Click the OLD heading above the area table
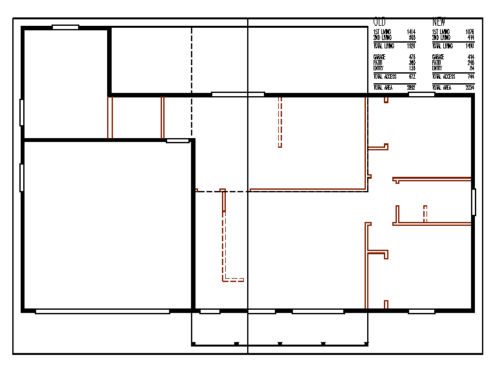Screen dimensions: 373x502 pyautogui.click(x=379, y=22)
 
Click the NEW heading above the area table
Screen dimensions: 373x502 pyautogui.click(x=439, y=22)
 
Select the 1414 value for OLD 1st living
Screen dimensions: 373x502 pyautogui.click(x=411, y=32)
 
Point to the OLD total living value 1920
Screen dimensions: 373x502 pyautogui.click(x=411, y=46)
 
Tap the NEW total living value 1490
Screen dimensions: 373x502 pyautogui.click(x=470, y=46)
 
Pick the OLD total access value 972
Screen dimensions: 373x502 pyautogui.click(x=412, y=77)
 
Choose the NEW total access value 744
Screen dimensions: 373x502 pyautogui.click(x=470, y=77)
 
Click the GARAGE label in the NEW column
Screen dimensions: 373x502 pyautogui.click(x=438, y=57)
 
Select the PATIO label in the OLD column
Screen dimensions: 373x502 pyautogui.click(x=378, y=63)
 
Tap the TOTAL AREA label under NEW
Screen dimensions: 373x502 pyautogui.click(x=442, y=88)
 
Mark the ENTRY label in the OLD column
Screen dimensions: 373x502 pyautogui.click(x=378, y=68)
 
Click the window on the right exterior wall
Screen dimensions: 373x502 pyautogui.click(x=474, y=202)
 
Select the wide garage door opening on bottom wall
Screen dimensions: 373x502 pyautogui.click(x=103, y=312)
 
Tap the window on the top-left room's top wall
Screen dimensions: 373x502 pyautogui.click(x=65, y=27)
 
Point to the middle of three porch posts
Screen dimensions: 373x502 pyautogui.click(x=279, y=343)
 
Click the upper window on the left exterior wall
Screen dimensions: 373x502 pyautogui.click(x=22, y=112)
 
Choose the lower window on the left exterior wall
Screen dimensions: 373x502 pyautogui.click(x=22, y=177)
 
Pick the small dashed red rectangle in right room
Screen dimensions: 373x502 pyautogui.click(x=425, y=213)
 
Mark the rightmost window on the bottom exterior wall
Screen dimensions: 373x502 pyautogui.click(x=421, y=312)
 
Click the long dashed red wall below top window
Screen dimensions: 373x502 pyautogui.click(x=279, y=121)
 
